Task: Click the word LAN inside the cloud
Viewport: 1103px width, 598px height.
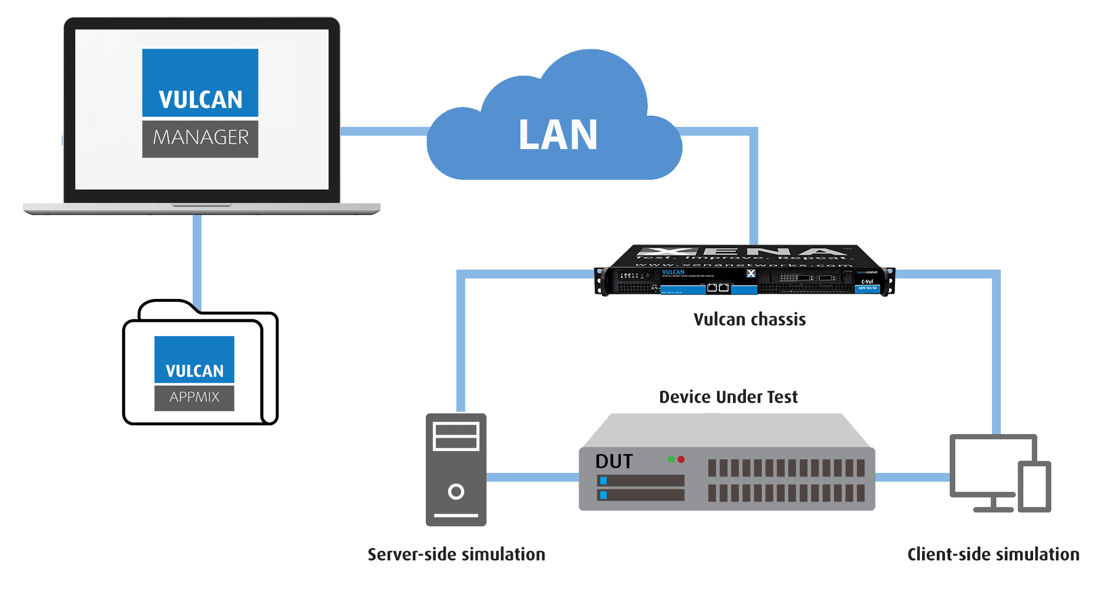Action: tap(557, 135)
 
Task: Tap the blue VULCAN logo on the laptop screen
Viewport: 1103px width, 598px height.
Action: tap(200, 83)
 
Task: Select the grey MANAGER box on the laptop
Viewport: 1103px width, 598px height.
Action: tap(200, 139)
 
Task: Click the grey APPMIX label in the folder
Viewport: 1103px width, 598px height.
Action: tap(194, 398)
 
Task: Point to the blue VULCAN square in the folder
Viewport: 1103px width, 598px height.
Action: tap(194, 360)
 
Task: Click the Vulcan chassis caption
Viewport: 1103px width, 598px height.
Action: tap(749, 320)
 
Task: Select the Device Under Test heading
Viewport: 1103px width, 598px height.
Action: tap(728, 397)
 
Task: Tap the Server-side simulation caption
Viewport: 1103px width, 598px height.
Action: tap(456, 555)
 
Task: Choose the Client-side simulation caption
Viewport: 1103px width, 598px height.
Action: tap(993, 555)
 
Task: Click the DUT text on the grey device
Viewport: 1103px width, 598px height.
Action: tap(614, 462)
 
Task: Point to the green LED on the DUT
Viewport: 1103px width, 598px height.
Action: tap(671, 459)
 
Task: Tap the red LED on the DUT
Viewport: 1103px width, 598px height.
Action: tap(681, 459)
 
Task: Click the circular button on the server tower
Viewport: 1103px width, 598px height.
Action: tap(456, 492)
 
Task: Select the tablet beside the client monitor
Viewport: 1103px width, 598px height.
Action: tap(1035, 488)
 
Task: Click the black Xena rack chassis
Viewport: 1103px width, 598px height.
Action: tap(745, 271)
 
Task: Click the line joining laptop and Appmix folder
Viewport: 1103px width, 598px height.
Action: tap(197, 258)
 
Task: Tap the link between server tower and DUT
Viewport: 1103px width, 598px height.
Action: tap(532, 478)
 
